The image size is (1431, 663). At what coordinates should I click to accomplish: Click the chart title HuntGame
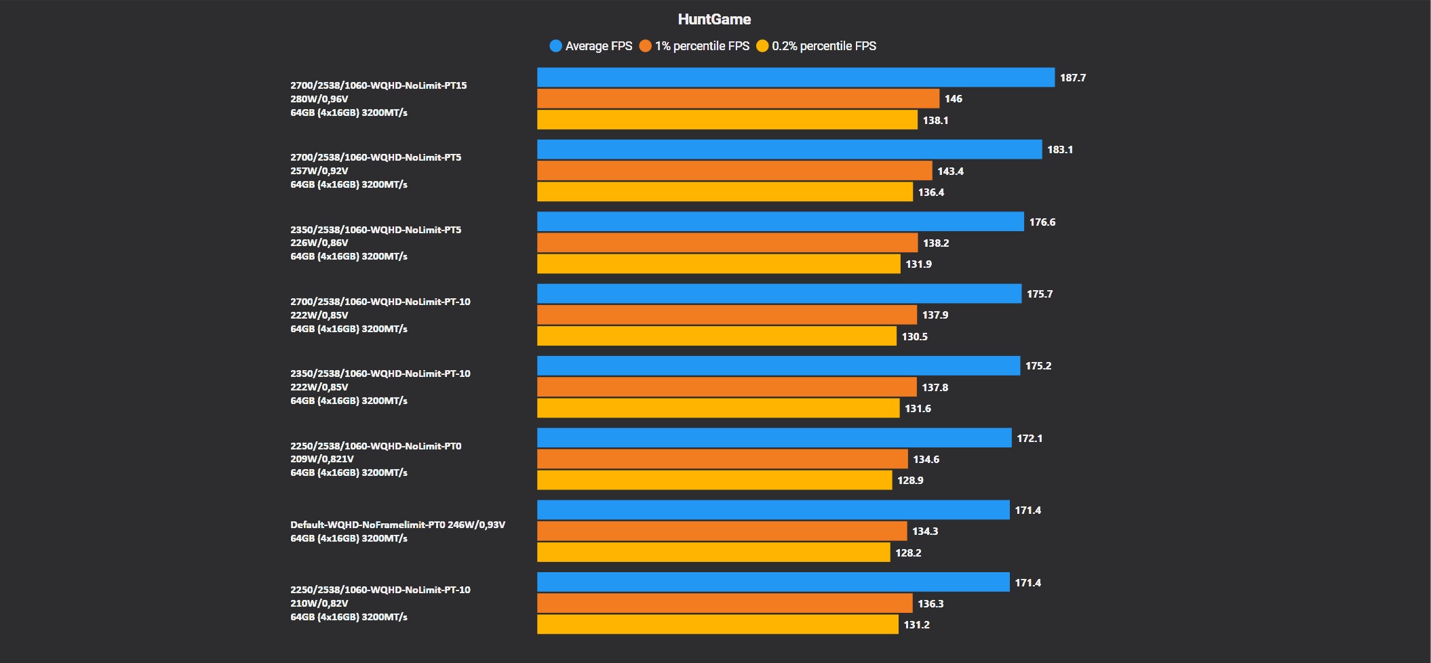[x=714, y=20]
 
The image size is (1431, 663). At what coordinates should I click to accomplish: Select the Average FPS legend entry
[x=591, y=46]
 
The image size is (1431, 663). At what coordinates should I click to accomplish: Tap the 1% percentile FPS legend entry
[x=694, y=46]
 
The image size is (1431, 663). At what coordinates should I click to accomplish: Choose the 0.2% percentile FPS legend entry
[x=817, y=46]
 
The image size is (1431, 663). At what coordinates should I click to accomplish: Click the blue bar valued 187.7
[x=796, y=77]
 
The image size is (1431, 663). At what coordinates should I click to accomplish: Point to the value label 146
[x=953, y=99]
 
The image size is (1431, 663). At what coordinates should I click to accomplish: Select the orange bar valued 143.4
[x=734, y=171]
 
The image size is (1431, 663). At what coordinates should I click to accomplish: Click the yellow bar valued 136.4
[x=725, y=192]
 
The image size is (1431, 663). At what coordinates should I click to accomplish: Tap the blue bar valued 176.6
[x=780, y=222]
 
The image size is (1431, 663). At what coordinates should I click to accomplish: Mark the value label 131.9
[x=918, y=264]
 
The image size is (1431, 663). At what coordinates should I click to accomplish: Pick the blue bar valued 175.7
[x=779, y=294]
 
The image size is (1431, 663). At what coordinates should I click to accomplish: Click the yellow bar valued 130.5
[x=717, y=336]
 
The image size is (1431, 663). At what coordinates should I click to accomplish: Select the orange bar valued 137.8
[x=727, y=387]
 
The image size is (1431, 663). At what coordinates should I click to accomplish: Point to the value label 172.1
[x=1030, y=439]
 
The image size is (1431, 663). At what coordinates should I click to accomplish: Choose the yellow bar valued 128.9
[x=714, y=480]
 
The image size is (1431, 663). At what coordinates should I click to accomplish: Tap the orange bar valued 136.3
[x=724, y=603]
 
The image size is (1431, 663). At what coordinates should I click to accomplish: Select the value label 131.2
[x=916, y=625]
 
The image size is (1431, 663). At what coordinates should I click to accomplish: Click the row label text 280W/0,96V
[x=319, y=99]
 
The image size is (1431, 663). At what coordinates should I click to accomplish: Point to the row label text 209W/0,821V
[x=322, y=459]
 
